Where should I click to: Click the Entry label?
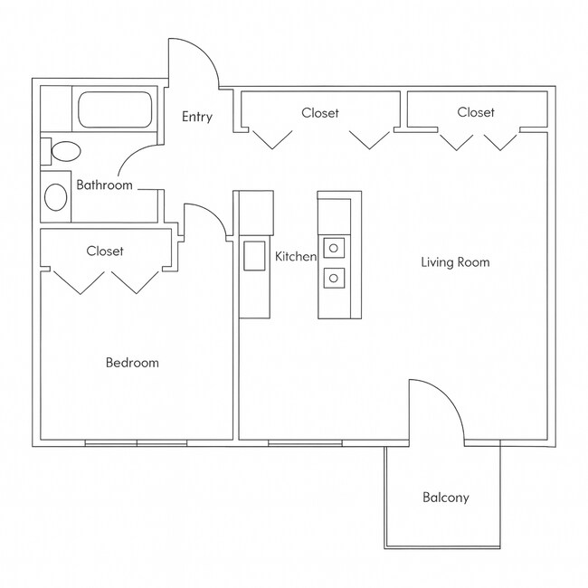tap(197, 117)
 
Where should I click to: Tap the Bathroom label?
tap(104, 185)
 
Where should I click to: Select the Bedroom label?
tap(132, 363)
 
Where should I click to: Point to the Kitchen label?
tap(296, 257)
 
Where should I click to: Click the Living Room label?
tap(455, 262)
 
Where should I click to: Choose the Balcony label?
tap(446, 498)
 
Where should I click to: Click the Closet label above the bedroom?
tap(105, 251)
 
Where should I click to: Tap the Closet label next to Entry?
tap(320, 113)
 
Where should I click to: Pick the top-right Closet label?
tap(476, 112)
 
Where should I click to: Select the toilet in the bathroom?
tap(62, 150)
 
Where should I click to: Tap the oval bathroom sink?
tap(56, 196)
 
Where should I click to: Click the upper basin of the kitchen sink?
tap(333, 247)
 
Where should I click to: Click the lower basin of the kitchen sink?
tap(333, 277)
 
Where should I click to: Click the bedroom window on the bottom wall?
tap(136, 443)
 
